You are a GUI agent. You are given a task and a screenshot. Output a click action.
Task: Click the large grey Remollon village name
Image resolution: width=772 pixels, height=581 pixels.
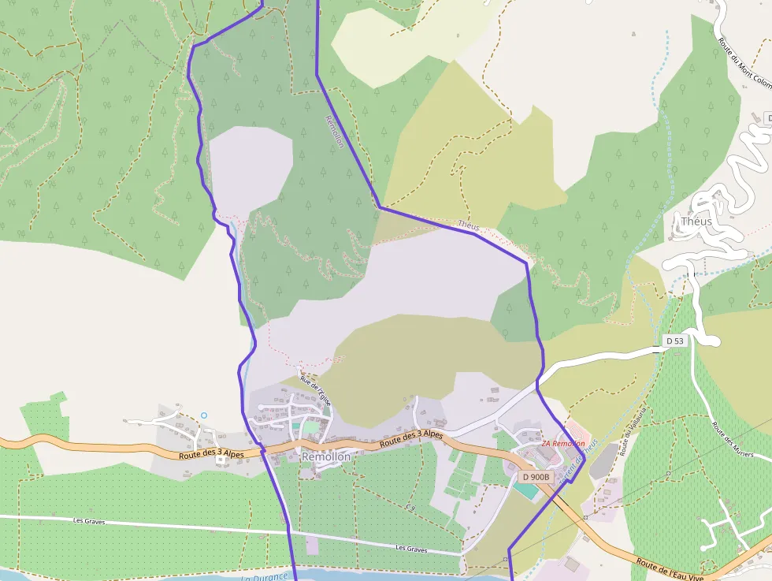326,456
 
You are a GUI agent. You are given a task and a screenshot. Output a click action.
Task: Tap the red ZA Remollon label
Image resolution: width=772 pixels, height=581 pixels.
562,444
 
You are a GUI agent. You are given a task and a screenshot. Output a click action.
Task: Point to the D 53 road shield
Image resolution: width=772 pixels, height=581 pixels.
674,341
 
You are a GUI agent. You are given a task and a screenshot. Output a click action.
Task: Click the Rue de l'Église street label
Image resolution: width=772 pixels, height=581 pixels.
316,392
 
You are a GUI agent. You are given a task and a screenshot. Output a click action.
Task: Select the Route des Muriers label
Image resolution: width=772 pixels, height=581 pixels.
733,440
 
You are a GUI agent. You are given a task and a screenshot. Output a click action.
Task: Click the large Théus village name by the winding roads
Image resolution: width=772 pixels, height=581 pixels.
696,222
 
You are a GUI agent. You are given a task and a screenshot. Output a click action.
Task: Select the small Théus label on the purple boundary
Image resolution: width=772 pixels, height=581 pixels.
468,226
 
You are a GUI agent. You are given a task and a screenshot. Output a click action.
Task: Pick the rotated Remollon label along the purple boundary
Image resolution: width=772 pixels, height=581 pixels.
334,130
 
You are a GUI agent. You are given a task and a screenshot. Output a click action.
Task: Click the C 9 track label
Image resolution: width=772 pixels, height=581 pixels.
410,508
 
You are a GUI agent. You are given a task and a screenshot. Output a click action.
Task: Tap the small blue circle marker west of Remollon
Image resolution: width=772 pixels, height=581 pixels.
203,415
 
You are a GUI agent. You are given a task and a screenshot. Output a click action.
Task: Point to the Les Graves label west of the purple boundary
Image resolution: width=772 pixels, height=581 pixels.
89,521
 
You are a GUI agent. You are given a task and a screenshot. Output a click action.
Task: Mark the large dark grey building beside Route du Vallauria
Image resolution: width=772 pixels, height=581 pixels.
604,460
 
